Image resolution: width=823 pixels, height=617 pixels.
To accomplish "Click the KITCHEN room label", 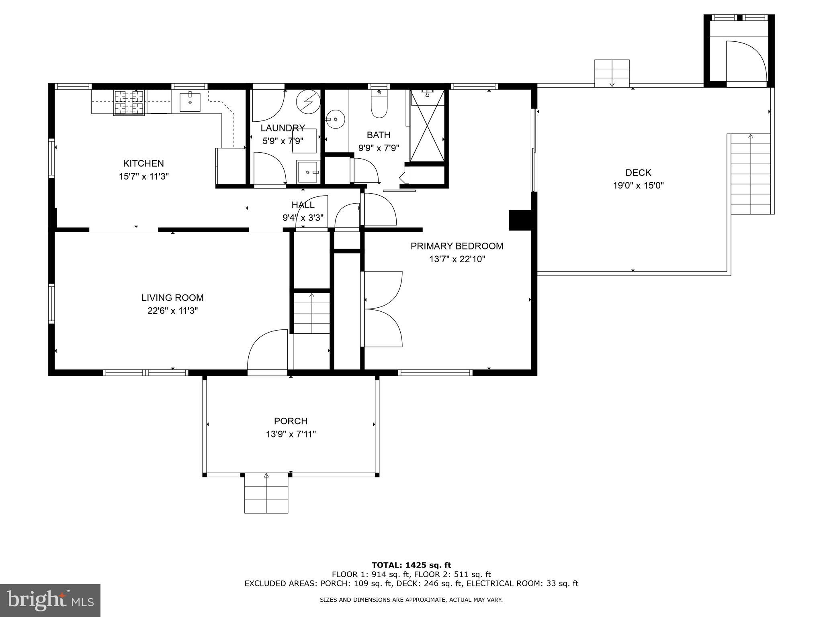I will click(143, 163).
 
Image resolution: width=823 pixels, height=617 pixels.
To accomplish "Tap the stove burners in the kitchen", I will click(129, 102).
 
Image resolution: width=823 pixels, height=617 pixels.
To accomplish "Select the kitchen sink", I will click(190, 102).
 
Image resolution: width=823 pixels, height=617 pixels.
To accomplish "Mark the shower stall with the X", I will click(427, 125).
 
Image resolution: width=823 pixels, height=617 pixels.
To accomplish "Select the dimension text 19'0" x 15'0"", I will click(638, 186).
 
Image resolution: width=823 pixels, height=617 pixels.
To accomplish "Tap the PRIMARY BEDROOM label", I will click(457, 246).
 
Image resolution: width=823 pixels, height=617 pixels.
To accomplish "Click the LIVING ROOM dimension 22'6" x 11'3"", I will click(172, 311).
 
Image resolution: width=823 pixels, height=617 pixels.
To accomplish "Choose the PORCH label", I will click(291, 421).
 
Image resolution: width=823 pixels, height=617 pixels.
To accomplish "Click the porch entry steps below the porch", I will click(266, 493).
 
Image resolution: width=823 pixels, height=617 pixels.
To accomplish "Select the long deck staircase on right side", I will click(750, 174).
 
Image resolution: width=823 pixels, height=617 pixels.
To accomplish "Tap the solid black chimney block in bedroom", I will click(520, 220).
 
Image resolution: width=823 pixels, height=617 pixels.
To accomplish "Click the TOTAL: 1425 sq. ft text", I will click(411, 565).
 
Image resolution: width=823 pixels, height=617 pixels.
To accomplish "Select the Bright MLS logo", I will click(50, 600).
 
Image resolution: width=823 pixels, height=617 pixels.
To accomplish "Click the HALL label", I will click(303, 205).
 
